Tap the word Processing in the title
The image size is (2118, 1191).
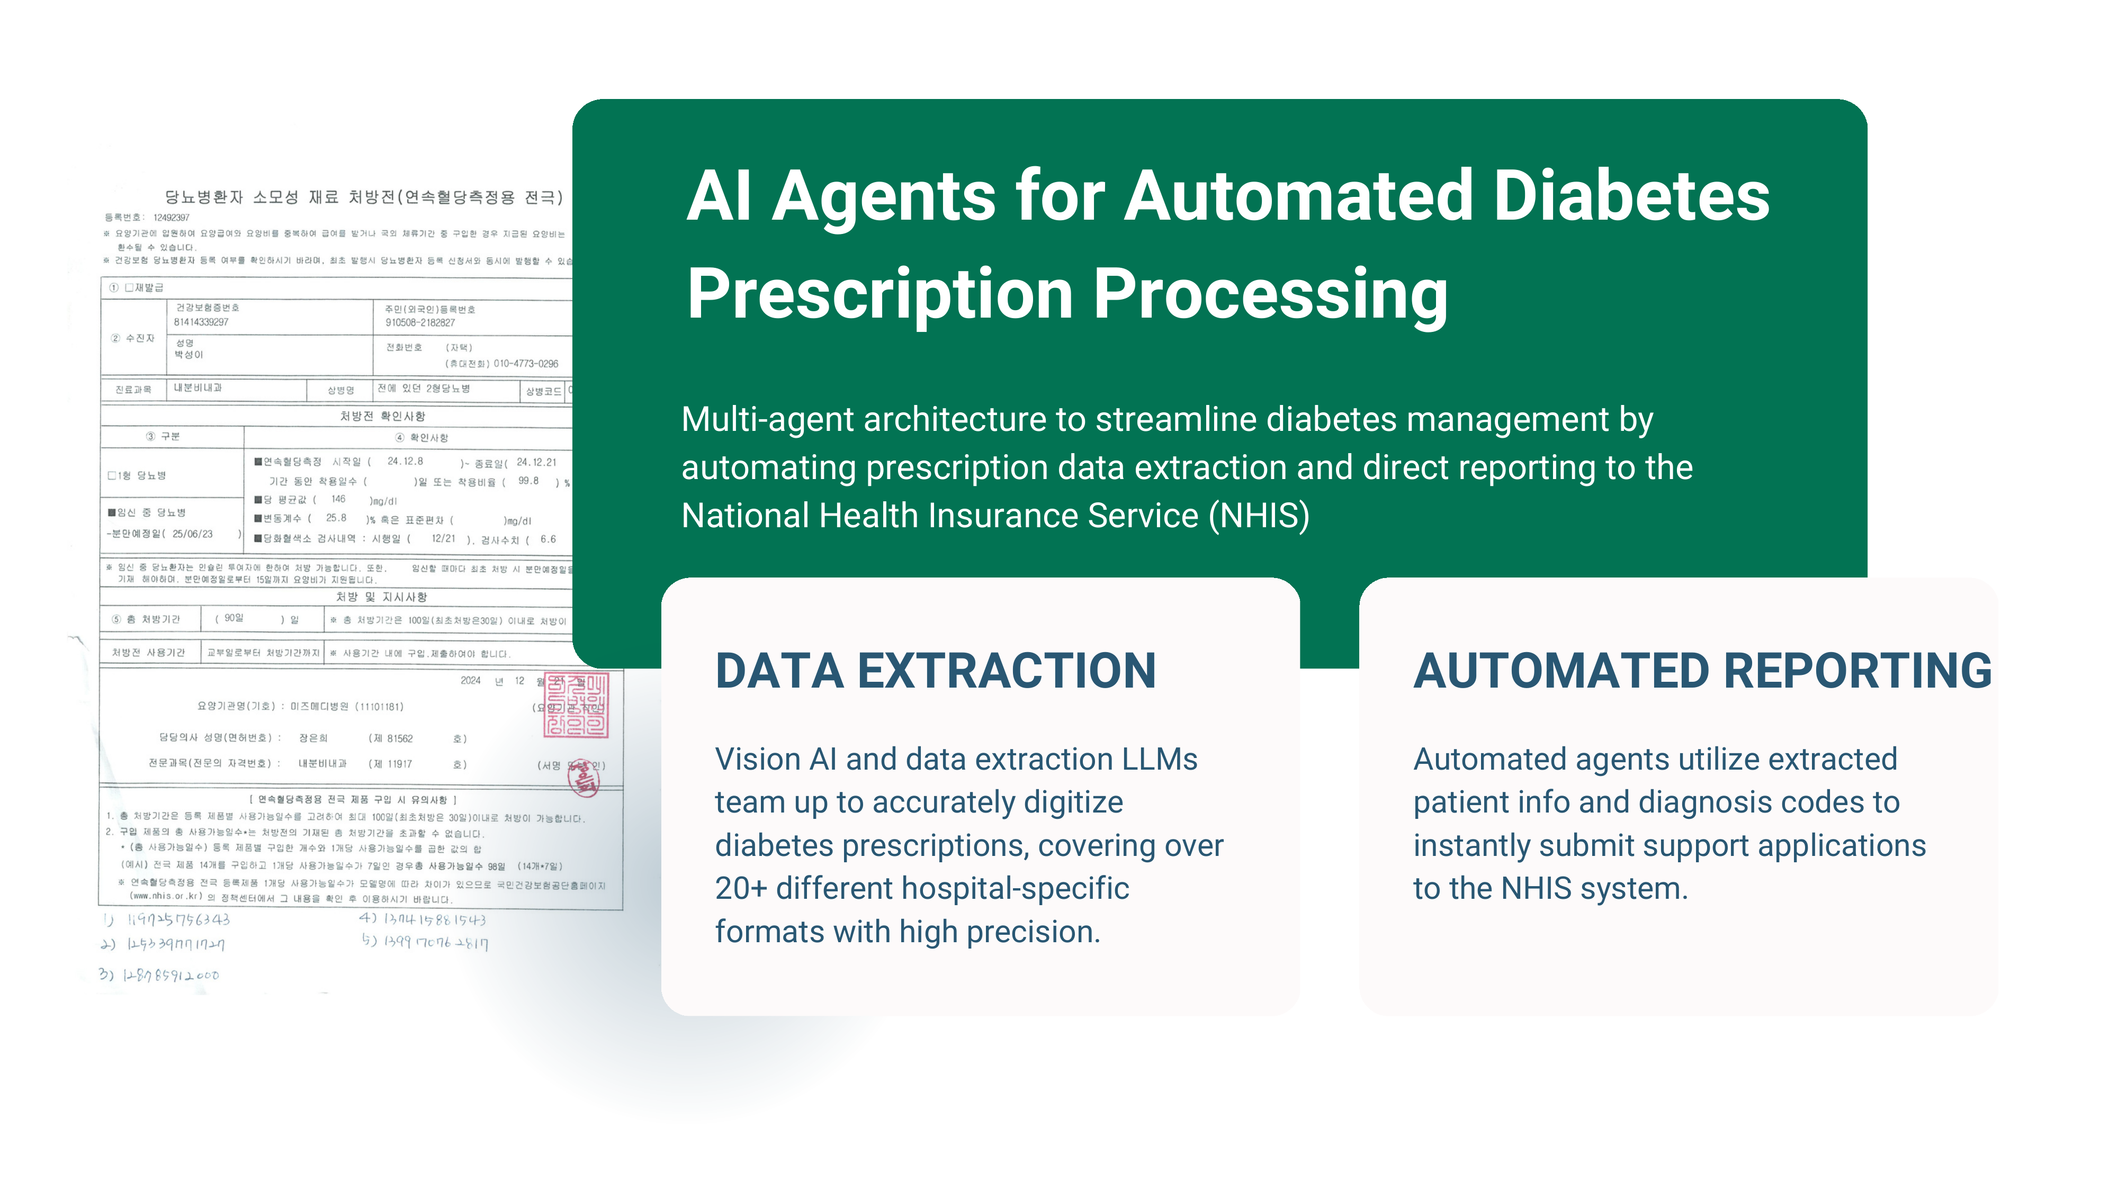(1270, 294)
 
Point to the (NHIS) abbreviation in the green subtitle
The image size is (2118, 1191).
(1259, 516)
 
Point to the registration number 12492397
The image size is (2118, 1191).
(171, 218)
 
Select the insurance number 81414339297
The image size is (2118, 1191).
(201, 322)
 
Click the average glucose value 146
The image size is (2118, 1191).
(338, 499)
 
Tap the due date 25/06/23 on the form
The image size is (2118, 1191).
(192, 534)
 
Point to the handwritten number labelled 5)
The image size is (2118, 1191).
(436, 942)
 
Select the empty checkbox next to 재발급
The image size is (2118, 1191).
(129, 287)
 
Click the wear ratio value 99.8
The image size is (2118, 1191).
(528, 481)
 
